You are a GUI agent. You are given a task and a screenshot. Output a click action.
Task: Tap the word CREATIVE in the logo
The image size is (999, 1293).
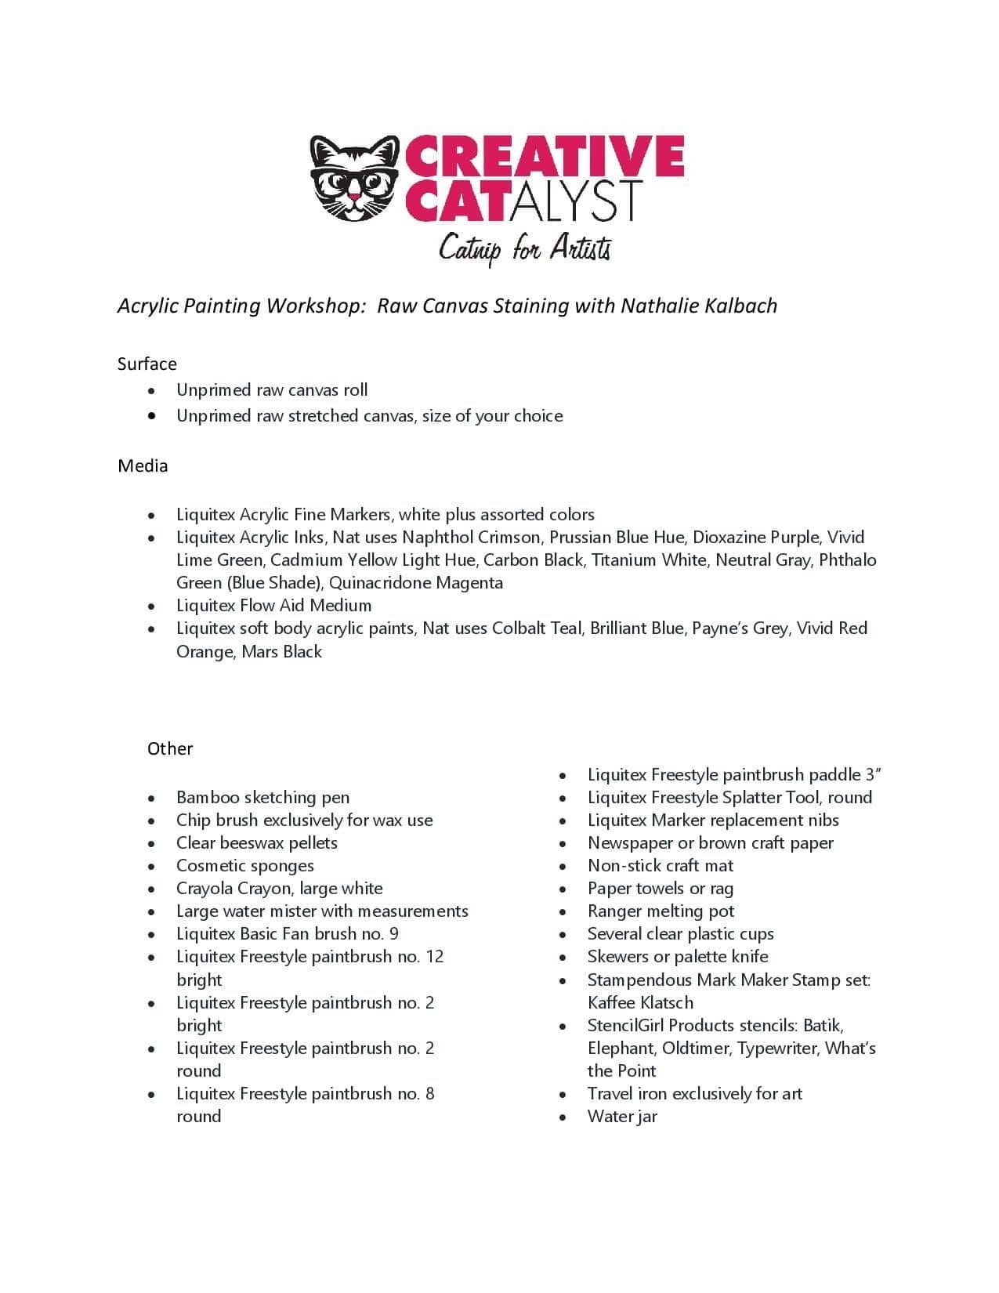[x=544, y=156]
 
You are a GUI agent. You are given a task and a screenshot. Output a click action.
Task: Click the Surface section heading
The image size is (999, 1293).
[x=147, y=364]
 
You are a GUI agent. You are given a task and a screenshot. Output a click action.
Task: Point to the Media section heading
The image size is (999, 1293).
[x=143, y=465]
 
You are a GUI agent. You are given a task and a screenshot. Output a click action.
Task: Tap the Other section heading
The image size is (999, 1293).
[x=170, y=748]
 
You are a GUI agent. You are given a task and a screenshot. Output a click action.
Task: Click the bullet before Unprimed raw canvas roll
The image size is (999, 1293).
[x=151, y=390]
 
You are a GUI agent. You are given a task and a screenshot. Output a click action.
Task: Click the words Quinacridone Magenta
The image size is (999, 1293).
[x=416, y=583]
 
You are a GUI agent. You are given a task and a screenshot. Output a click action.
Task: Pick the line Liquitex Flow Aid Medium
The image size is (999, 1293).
[x=273, y=606]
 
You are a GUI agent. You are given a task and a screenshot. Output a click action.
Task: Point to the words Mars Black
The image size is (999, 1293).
[x=281, y=652]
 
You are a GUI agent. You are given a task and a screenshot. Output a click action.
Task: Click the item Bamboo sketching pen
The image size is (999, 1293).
[x=262, y=798]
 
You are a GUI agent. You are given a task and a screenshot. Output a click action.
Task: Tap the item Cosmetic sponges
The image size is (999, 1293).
[x=244, y=866]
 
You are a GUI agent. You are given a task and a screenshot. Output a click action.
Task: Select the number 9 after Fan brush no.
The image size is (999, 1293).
[x=393, y=934]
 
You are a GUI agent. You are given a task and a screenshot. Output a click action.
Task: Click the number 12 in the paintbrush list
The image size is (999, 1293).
[x=434, y=957]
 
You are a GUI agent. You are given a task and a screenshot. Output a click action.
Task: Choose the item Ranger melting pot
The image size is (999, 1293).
[x=661, y=911]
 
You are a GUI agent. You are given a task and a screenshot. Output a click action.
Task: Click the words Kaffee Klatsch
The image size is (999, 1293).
[x=640, y=1003]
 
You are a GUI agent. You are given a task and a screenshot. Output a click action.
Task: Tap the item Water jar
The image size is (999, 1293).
[x=622, y=1117]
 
